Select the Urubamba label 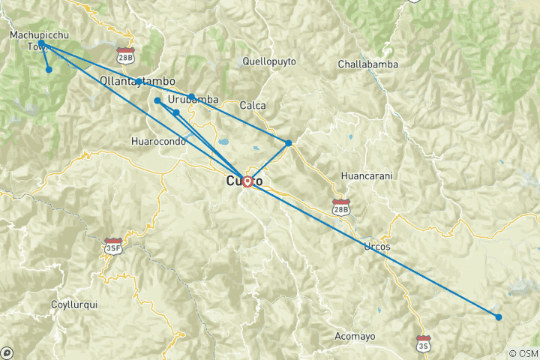point(193,99)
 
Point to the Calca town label point(253,106)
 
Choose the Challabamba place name point(367,64)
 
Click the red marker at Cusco point(247,181)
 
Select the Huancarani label point(367,175)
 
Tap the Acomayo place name point(355,335)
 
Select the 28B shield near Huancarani point(341,205)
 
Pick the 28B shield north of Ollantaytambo point(126,55)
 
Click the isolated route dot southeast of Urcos point(499,317)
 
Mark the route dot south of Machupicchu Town point(49,70)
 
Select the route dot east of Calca point(289,142)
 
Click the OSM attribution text point(523,353)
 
